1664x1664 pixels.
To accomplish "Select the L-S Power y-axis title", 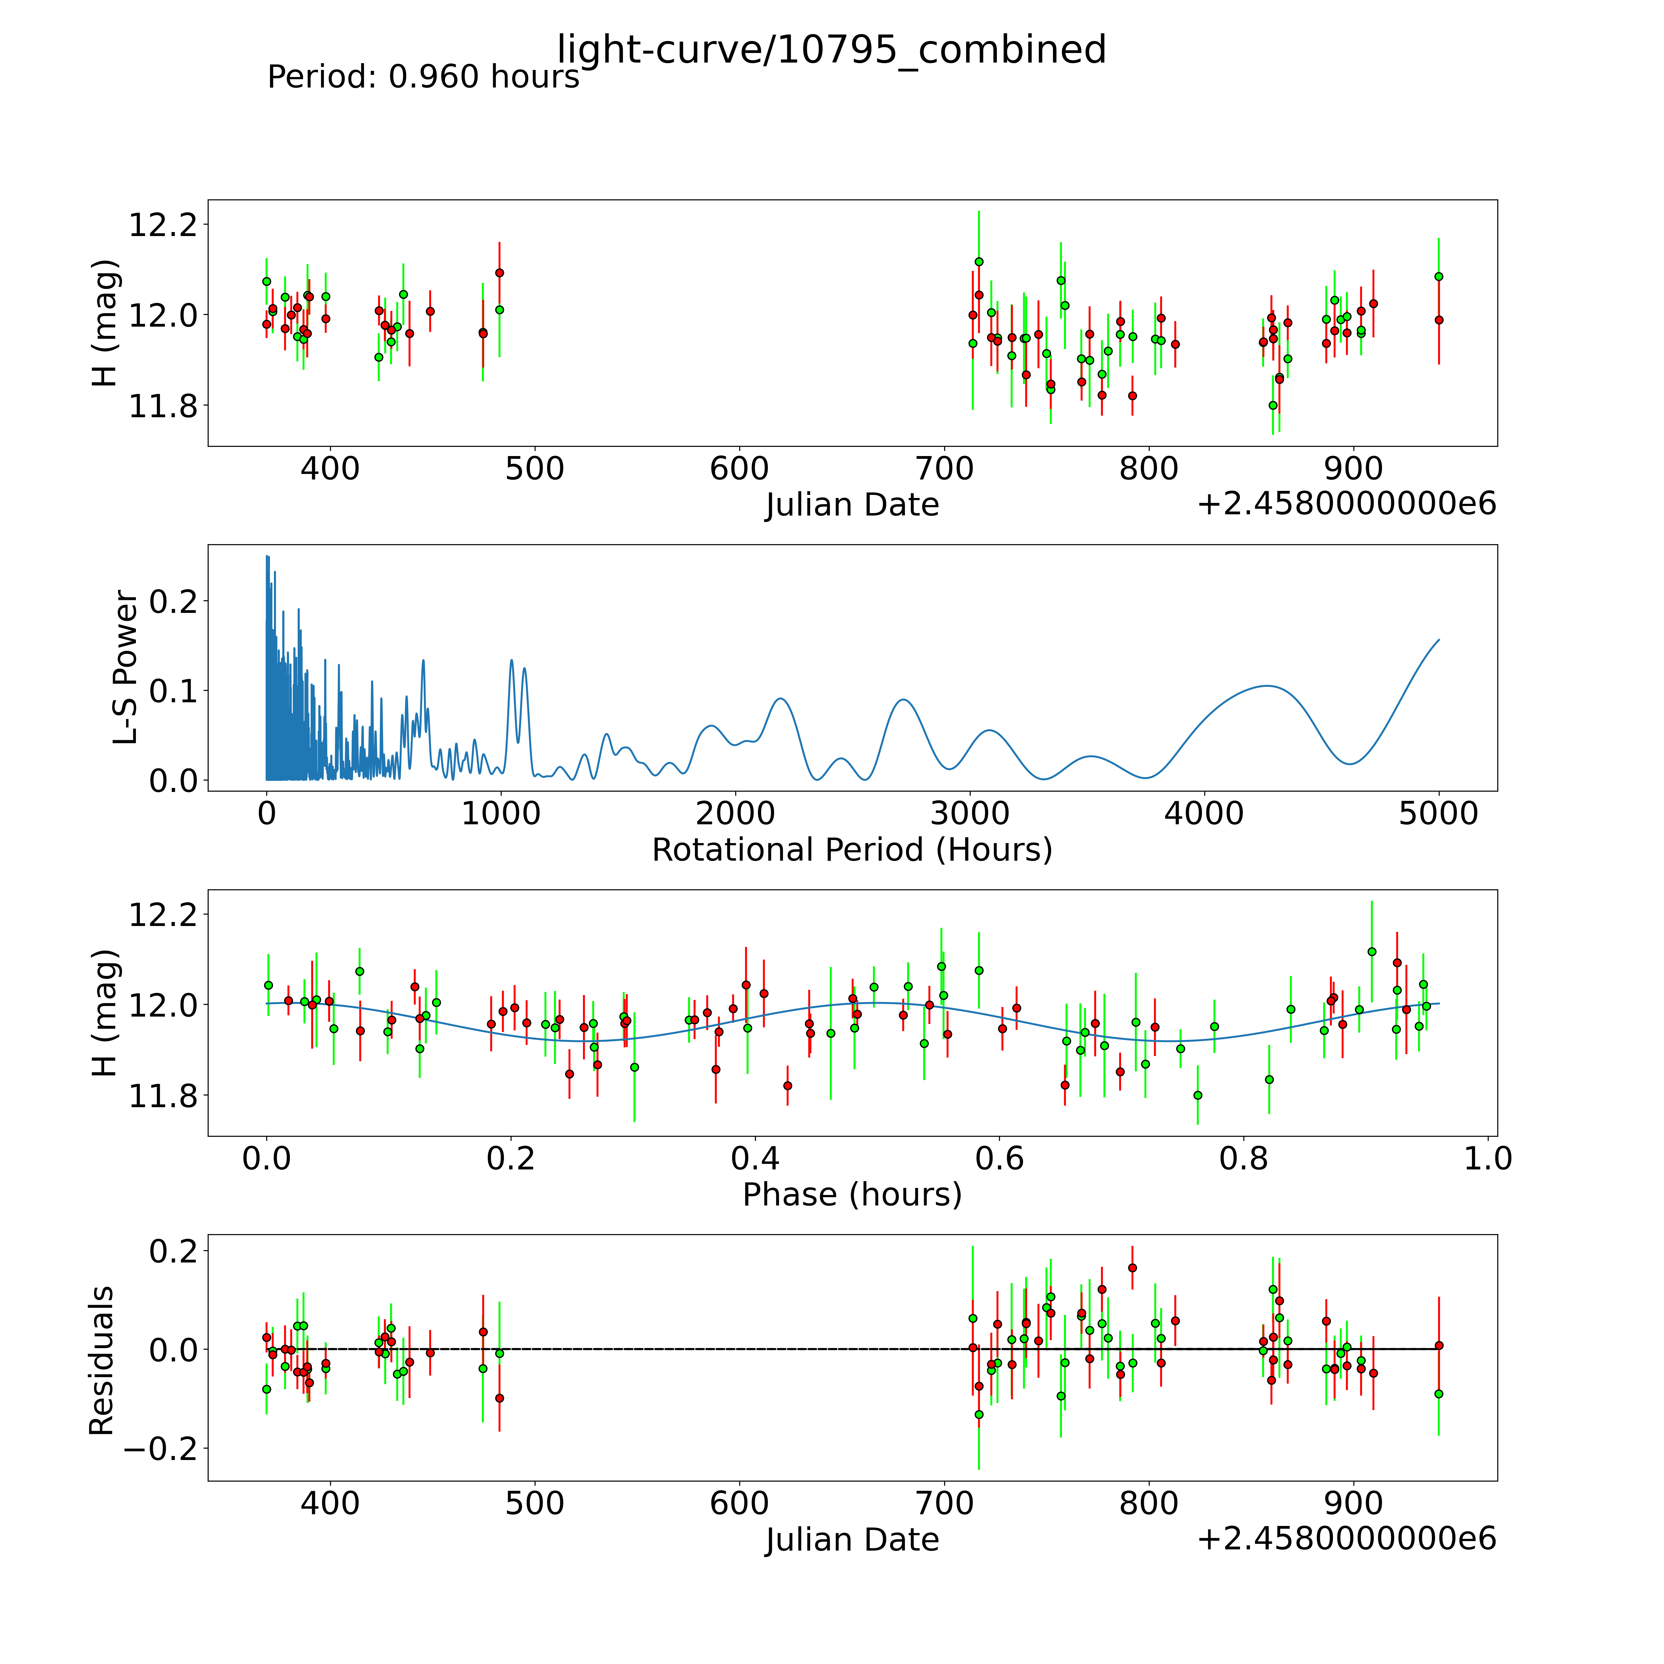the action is [125, 667].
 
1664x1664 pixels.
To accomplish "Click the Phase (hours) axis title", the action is [852, 1195].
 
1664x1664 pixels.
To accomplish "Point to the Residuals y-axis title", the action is [102, 1361].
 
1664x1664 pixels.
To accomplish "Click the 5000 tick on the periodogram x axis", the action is [1438, 813].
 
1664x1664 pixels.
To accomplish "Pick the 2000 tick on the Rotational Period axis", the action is [736, 813].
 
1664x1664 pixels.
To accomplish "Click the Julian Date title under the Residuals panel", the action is [852, 1540].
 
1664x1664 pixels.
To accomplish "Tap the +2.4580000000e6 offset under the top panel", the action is [1346, 504].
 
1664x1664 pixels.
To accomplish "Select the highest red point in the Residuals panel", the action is [1132, 1268].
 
